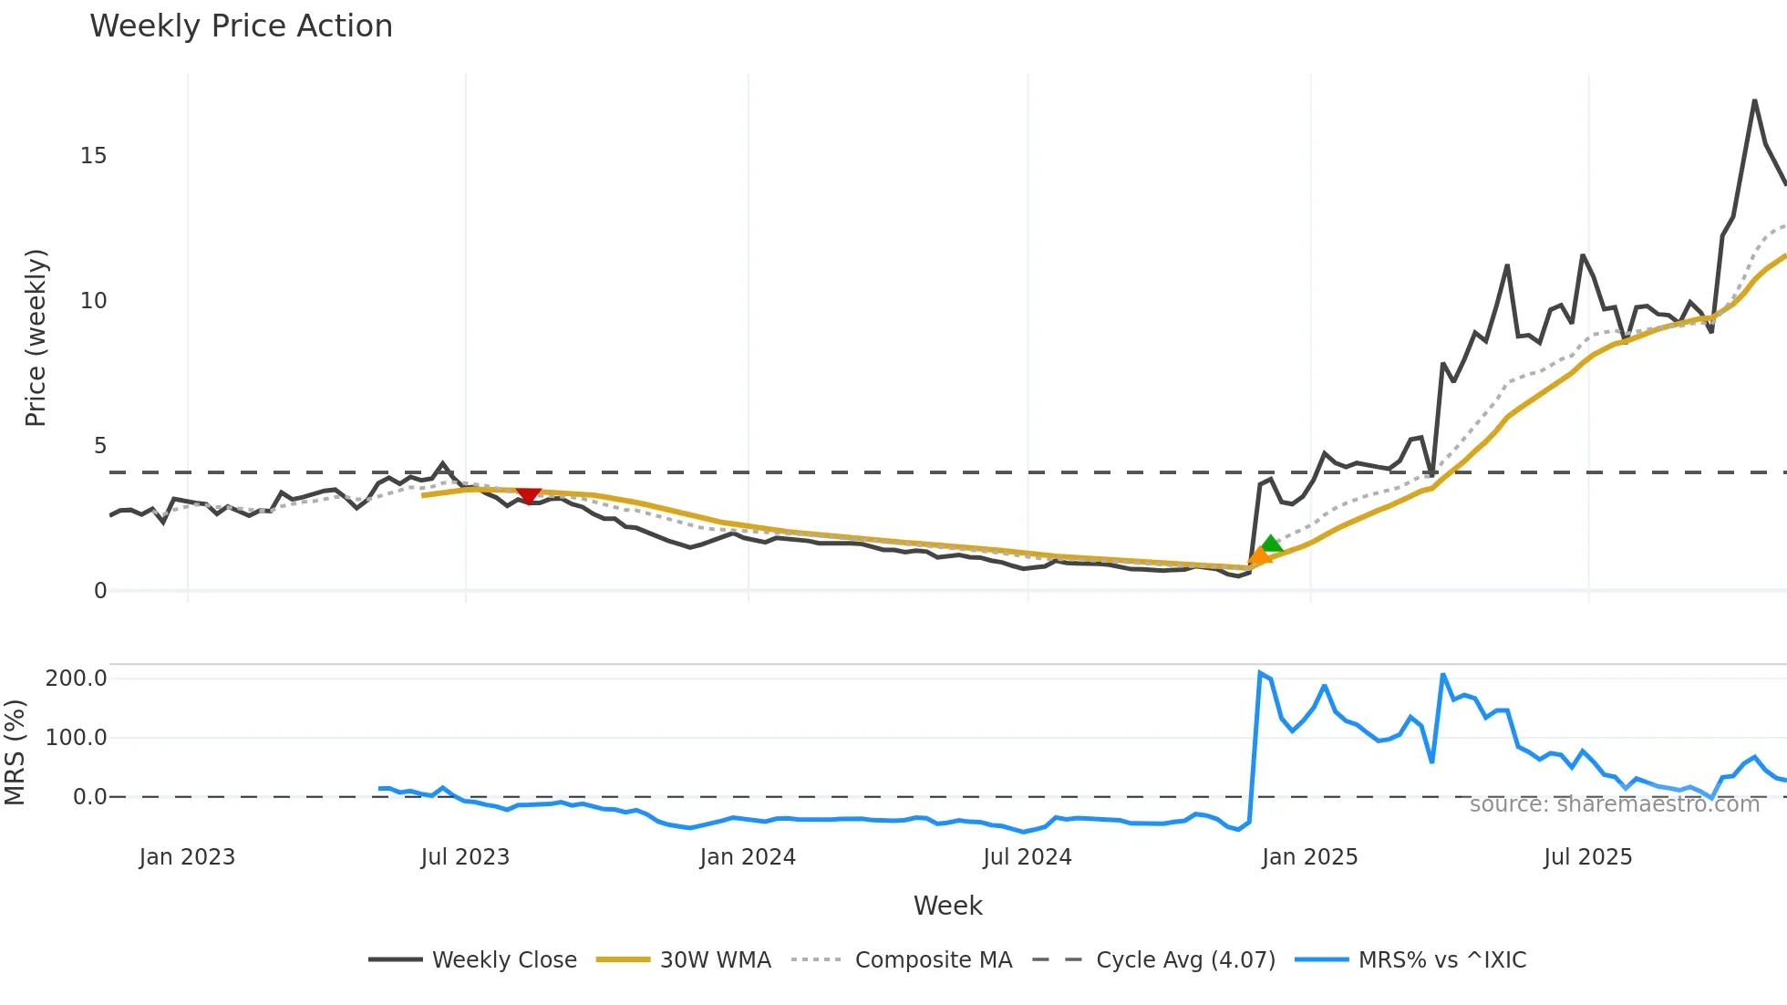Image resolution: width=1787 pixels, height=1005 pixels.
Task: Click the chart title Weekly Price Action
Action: (241, 26)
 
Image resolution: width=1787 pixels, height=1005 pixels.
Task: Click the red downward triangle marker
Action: (528, 495)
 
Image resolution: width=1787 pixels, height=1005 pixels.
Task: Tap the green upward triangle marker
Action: (1271, 544)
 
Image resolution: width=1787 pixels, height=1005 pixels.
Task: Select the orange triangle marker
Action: (1259, 555)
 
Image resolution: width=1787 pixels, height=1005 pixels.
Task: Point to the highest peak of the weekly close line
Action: (1754, 100)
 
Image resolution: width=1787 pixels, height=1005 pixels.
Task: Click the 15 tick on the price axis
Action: (93, 156)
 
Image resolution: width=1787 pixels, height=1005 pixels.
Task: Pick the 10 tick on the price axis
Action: (93, 301)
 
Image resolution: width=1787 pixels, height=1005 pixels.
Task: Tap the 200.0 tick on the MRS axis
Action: (77, 679)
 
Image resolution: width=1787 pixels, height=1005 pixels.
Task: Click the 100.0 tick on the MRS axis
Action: (77, 738)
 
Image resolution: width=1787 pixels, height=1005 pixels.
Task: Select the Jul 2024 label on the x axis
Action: (1027, 857)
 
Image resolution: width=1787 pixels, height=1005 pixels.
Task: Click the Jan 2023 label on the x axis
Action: (187, 857)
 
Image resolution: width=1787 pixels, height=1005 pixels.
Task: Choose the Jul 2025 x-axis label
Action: (1587, 857)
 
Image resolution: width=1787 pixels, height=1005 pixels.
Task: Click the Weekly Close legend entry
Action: (503, 960)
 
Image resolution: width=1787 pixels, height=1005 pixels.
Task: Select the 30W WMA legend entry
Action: (715, 960)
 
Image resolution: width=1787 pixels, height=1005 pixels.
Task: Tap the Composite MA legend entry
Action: (933, 960)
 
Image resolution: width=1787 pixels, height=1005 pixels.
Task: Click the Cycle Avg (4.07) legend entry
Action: (1184, 960)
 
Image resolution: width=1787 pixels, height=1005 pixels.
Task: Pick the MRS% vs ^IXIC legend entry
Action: (1441, 960)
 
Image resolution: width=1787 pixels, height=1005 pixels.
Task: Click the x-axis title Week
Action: (947, 906)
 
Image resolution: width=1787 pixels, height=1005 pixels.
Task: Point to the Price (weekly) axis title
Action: (36, 337)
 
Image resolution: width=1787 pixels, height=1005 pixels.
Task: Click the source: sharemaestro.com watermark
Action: (1614, 804)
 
